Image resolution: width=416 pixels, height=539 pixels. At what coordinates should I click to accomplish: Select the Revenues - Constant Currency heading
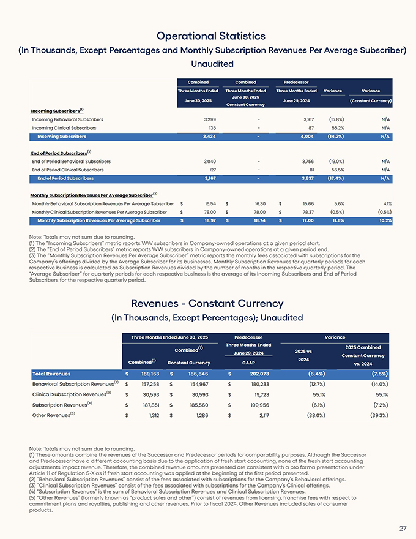click(208, 303)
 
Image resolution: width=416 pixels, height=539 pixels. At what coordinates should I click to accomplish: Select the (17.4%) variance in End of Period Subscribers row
click(332, 178)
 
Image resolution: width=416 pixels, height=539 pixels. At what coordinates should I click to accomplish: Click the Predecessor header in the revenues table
click(248, 337)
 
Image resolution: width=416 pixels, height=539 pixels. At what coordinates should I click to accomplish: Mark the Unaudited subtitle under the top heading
click(208, 63)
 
